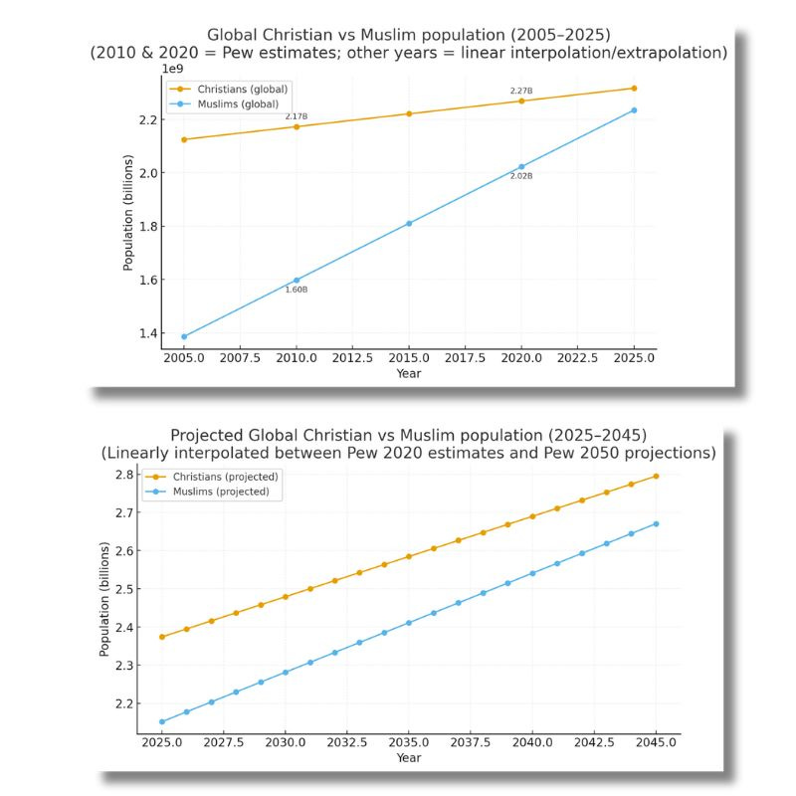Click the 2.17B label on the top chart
click(x=297, y=116)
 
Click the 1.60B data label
click(x=297, y=290)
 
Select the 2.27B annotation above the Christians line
click(x=521, y=92)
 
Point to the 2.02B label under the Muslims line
click(x=521, y=176)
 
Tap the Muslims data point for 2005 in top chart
click(x=184, y=336)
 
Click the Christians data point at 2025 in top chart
click(x=634, y=89)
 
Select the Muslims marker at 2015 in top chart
click(x=409, y=223)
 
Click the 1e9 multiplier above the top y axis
click(x=173, y=69)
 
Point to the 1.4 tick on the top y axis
click(x=147, y=333)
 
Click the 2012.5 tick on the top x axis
click(x=352, y=357)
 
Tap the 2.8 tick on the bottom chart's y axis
click(x=123, y=475)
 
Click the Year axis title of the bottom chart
click(x=408, y=758)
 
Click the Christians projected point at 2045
click(x=656, y=476)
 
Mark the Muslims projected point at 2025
click(x=162, y=721)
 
